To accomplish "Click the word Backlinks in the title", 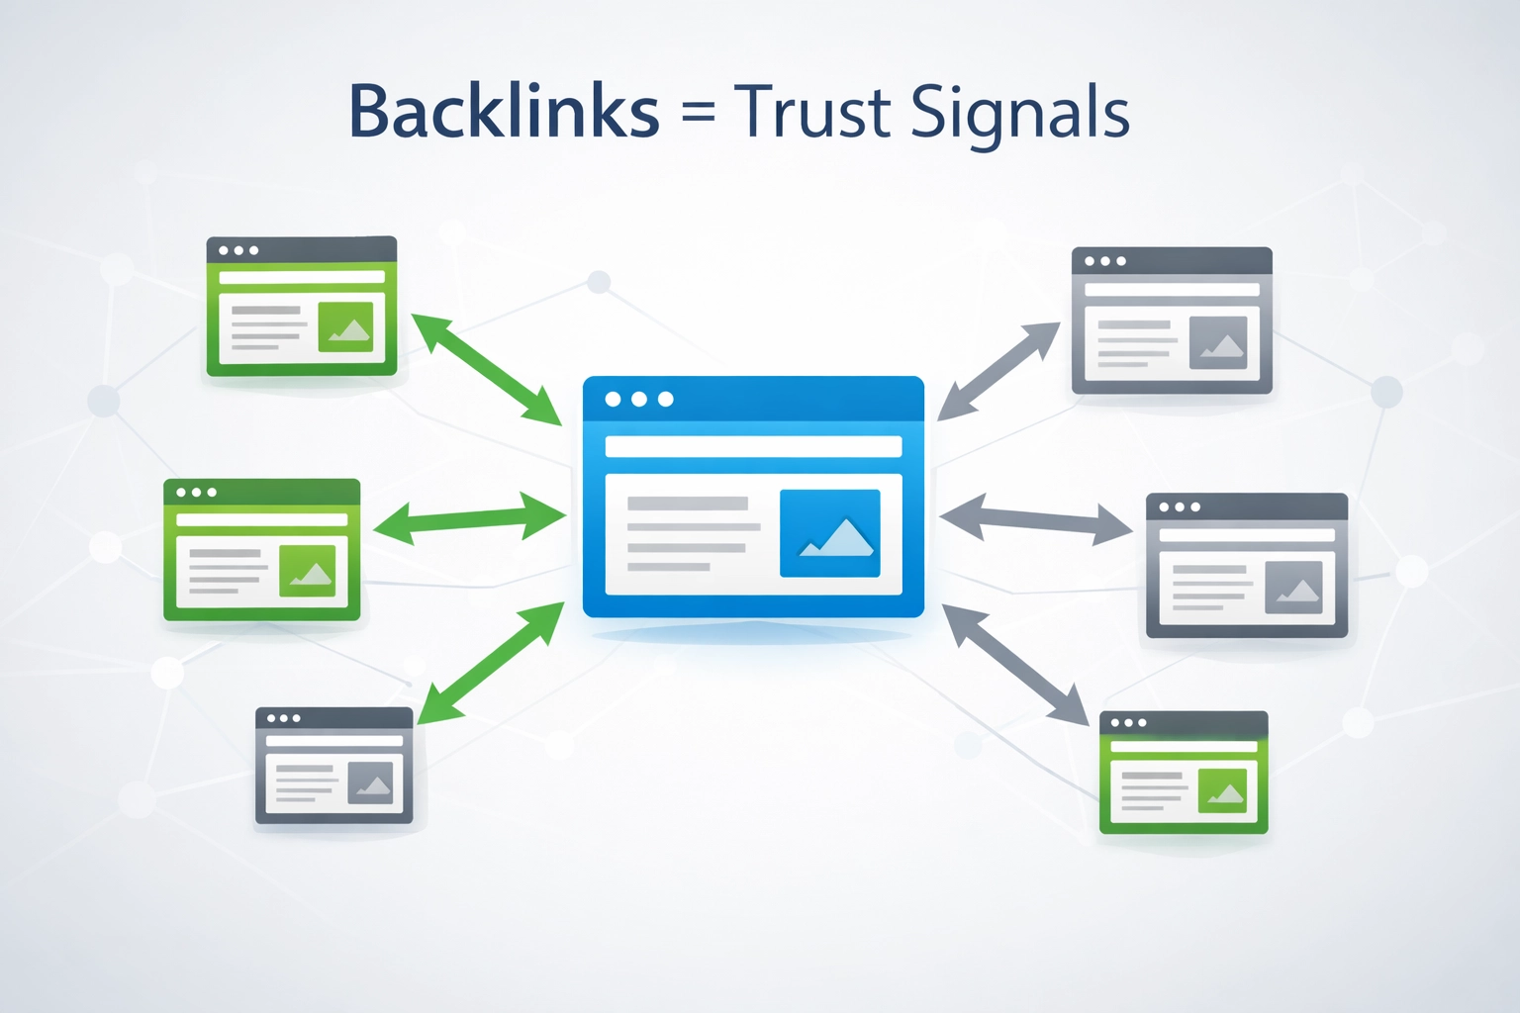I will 504,111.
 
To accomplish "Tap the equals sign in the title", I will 698,111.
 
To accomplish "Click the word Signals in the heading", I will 1019,113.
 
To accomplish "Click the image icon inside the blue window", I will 829,533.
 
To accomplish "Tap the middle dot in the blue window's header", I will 639,399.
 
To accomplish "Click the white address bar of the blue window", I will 753,446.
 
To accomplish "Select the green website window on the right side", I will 1184,773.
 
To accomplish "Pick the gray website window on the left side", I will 333,766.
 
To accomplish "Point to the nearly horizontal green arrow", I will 469,518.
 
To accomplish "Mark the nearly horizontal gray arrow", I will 1035,518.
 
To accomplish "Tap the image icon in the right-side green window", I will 1222,790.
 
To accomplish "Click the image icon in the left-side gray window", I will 371,783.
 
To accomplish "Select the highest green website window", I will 302,306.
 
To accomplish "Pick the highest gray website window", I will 1172,321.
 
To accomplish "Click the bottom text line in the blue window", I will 669,567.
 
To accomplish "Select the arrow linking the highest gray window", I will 998,371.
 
